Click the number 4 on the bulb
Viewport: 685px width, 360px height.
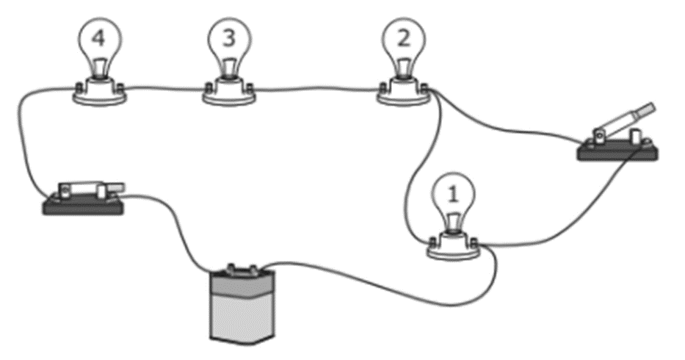click(x=101, y=37)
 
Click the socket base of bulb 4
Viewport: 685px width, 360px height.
click(x=101, y=93)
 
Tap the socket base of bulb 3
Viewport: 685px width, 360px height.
click(x=229, y=94)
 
